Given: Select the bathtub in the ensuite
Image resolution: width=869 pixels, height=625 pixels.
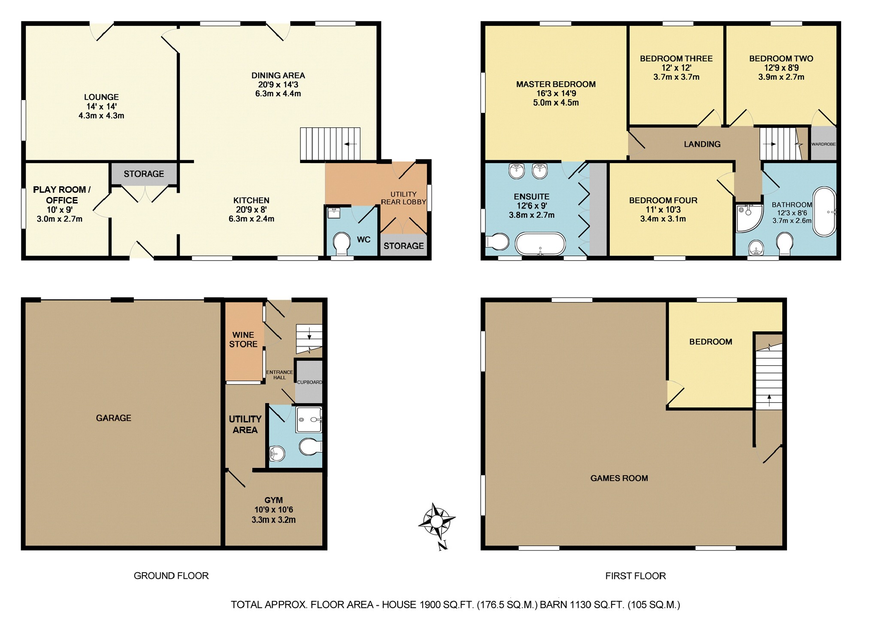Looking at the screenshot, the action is tap(540, 244).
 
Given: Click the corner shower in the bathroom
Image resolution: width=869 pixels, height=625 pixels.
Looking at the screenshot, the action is tap(749, 218).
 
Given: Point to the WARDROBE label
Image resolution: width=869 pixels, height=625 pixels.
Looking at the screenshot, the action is tap(824, 144).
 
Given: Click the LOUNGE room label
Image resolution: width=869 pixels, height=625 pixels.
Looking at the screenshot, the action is tap(101, 97).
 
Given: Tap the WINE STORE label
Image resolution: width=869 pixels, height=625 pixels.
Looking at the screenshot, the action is tap(243, 339).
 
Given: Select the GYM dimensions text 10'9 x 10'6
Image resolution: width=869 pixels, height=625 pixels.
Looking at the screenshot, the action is tap(274, 510).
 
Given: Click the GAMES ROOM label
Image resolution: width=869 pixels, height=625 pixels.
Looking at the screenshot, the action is tap(619, 478).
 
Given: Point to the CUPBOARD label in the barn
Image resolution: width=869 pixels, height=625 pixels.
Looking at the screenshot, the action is tap(309, 382).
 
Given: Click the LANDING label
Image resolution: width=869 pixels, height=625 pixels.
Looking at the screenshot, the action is tap(702, 144).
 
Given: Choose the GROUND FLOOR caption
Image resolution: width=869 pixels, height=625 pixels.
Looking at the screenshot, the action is tap(171, 576).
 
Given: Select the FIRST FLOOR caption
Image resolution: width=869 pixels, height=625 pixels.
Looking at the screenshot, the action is tap(636, 576).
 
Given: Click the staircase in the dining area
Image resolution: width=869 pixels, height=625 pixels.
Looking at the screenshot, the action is tap(330, 144).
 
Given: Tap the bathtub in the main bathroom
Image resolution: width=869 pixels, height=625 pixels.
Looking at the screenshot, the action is tap(824, 212).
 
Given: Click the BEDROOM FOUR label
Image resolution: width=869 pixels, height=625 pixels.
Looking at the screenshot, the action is tap(663, 200).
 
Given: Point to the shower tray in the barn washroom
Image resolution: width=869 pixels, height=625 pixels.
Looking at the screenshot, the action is tap(309, 419).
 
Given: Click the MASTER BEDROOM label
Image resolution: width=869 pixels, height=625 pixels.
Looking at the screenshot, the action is tap(556, 85).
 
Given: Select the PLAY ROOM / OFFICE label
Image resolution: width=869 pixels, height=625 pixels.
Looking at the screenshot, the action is tap(62, 195).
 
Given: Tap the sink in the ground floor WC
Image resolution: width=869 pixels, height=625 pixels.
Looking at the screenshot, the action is tap(333, 212).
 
